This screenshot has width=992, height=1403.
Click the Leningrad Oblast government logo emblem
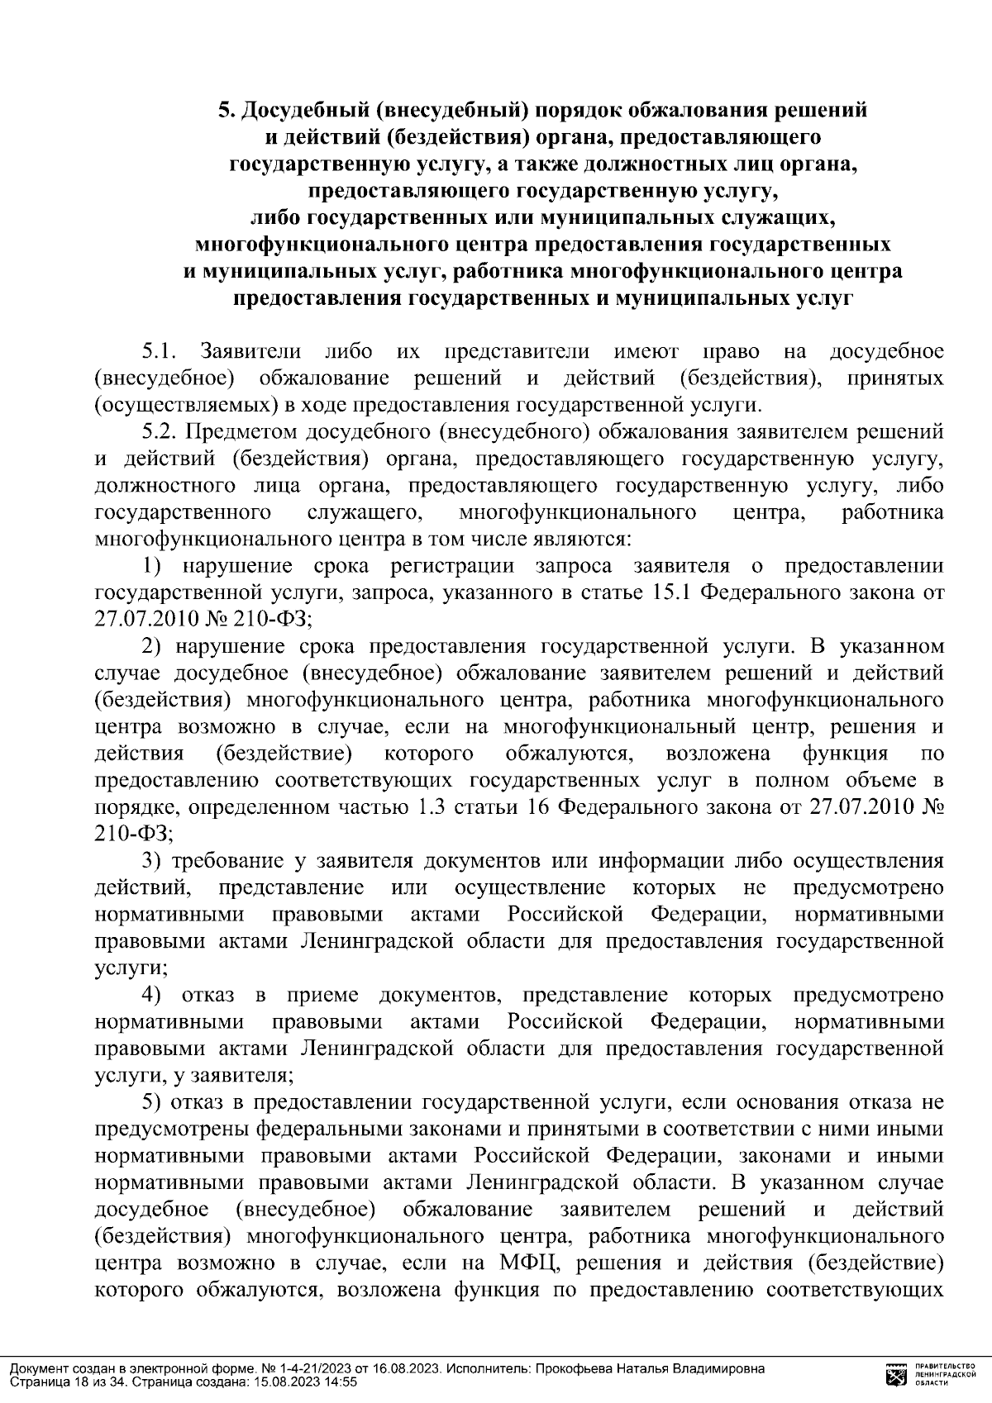coord(892,1375)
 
